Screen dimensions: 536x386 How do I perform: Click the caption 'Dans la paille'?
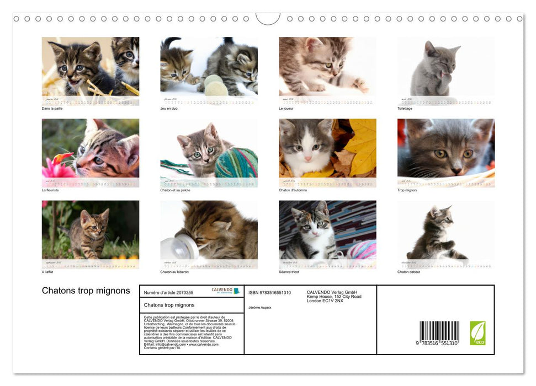point(52,109)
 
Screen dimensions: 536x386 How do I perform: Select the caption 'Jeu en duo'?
point(168,109)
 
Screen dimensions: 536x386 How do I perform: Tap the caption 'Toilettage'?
point(405,109)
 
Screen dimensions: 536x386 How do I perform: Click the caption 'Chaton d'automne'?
point(293,190)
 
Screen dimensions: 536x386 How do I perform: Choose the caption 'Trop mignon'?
point(407,190)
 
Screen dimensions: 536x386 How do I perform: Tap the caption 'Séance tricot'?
point(290,272)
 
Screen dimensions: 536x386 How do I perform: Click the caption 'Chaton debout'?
point(408,272)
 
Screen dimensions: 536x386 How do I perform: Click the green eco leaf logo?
point(477,333)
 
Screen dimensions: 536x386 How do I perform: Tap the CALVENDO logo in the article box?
point(226,291)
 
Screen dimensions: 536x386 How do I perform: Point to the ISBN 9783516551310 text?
point(269,293)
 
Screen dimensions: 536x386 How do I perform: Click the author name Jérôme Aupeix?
point(260,307)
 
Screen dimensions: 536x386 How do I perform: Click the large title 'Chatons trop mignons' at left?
point(86,291)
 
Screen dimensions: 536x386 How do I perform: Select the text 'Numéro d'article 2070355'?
point(168,293)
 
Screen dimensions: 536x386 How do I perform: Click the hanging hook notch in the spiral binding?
point(268,19)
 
